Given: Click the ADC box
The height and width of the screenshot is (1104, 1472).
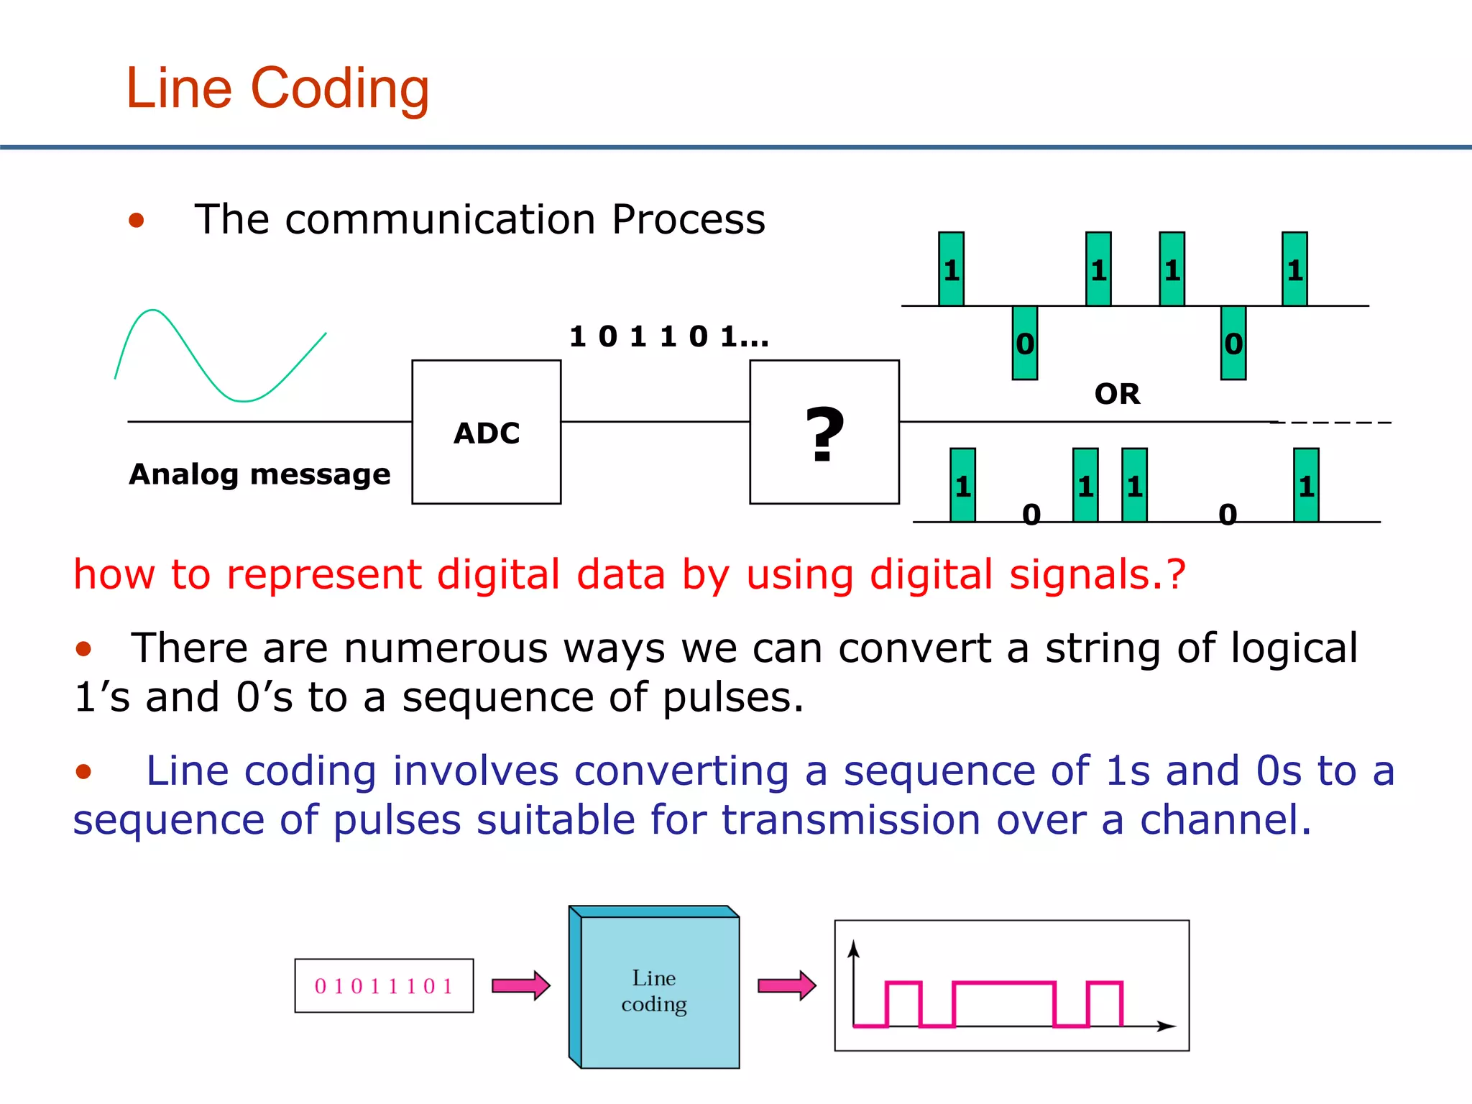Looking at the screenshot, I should coord(486,432).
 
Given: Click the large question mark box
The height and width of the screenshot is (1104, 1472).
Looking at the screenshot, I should coord(824,432).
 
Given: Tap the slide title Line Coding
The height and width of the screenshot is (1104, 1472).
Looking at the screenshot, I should coord(277,88).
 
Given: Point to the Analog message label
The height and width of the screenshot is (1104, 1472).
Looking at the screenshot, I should coord(259,474).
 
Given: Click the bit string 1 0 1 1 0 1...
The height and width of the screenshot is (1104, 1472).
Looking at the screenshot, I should coord(668,336).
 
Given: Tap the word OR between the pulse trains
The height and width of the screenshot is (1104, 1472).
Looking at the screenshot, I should coord(1117,394).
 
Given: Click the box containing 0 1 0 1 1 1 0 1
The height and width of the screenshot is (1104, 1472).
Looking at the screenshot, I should coord(384,985).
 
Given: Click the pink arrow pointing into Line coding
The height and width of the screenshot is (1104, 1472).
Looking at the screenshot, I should coord(520,985).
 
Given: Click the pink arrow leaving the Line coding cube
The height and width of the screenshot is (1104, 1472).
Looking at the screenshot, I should coord(786,985).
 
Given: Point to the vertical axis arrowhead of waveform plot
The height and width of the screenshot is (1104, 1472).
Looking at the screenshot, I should coord(853,949).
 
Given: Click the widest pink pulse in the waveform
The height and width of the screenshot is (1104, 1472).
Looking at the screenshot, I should coord(1003,983).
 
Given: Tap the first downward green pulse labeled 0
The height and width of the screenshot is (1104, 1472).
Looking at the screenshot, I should coord(1024,343).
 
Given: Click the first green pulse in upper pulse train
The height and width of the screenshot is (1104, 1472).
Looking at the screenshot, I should coord(951,269).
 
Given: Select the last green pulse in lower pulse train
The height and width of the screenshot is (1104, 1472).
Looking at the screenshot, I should coord(1305,485).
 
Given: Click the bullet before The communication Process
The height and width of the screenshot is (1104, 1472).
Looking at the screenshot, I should coord(137,220).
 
